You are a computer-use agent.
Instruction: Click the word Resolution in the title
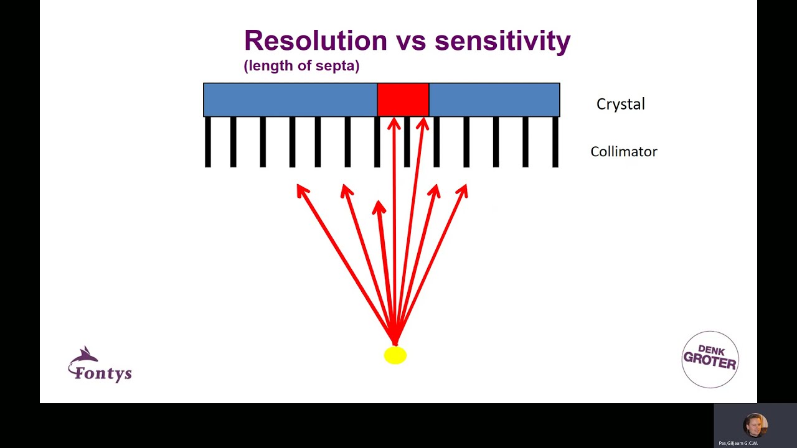click(315, 41)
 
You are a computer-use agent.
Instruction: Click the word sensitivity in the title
click(502, 41)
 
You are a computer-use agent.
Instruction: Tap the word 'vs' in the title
click(410, 41)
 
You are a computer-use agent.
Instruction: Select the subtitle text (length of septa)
click(301, 65)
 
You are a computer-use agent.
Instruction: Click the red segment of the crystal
click(403, 100)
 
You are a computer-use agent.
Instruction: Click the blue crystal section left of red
click(290, 100)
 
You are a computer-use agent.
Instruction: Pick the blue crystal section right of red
click(494, 100)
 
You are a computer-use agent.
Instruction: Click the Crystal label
click(620, 104)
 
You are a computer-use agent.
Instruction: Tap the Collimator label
click(623, 152)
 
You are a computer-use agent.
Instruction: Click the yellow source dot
click(395, 355)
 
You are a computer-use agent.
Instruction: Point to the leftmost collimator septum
click(208, 142)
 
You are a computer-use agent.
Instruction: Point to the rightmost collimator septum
click(555, 142)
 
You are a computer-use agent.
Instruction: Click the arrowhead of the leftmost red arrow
click(301, 189)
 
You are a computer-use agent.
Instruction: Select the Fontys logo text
click(103, 373)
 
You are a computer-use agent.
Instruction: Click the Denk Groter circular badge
click(710, 360)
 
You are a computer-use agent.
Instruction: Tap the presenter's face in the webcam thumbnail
click(755, 426)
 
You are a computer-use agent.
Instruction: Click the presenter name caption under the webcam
click(738, 443)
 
